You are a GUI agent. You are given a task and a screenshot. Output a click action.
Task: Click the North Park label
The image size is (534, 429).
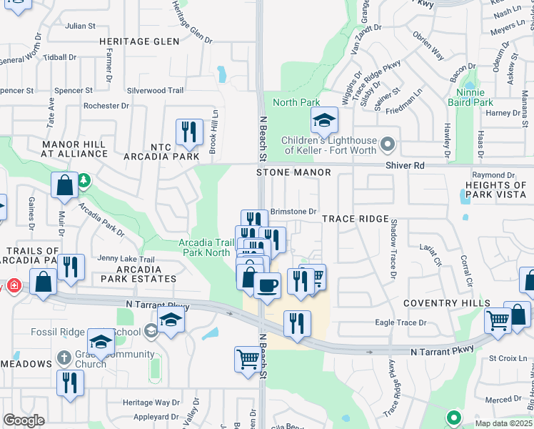click(296, 102)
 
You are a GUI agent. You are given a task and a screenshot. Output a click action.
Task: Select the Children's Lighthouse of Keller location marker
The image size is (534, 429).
click(388, 145)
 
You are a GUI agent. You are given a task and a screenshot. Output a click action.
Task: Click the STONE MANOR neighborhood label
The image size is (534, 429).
click(294, 173)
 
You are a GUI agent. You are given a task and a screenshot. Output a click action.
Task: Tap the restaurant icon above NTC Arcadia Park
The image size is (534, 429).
click(189, 131)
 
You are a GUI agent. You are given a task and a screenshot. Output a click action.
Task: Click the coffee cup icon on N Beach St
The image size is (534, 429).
click(267, 286)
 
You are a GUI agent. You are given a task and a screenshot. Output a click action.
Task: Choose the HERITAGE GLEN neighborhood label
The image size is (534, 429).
click(139, 42)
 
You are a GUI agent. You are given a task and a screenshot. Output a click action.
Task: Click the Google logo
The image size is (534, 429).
click(24, 420)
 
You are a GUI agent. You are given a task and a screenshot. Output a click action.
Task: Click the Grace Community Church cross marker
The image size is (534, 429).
click(64, 356)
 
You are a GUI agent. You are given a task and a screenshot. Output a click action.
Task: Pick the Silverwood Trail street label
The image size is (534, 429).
click(155, 91)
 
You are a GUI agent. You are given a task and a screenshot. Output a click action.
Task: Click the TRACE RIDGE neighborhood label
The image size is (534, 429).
click(355, 219)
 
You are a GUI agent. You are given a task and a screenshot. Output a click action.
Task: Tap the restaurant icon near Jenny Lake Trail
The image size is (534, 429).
click(70, 267)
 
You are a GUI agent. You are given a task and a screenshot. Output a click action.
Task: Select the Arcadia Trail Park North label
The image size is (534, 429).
click(207, 247)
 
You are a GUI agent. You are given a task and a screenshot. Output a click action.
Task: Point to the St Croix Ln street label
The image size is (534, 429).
click(507, 357)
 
